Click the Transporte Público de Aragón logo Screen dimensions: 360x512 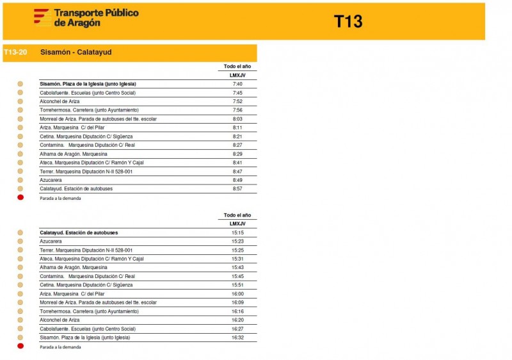click(86, 17)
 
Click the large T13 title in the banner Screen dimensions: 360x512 click(348, 22)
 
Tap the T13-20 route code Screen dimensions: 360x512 click(15, 53)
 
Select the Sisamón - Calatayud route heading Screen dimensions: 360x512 click(76, 53)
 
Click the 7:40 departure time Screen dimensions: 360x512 click(237, 84)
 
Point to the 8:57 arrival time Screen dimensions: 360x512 click(237, 189)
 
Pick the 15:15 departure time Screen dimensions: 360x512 click(237, 233)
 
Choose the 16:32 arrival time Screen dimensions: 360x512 click(237, 338)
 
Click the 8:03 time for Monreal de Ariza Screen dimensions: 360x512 click(237, 119)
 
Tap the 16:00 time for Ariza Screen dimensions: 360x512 click(237, 294)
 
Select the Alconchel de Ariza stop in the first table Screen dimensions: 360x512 click(60, 101)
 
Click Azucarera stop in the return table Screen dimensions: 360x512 click(51, 241)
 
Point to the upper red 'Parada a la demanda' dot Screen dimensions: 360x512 click(20, 198)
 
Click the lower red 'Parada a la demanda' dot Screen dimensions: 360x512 click(20, 347)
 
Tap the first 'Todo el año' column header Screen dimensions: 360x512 click(237, 67)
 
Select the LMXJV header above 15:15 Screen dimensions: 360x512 click(237, 224)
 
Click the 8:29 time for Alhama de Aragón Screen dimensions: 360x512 click(237, 154)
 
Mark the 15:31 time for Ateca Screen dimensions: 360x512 click(237, 259)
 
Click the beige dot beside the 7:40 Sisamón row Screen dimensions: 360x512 click(20, 84)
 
